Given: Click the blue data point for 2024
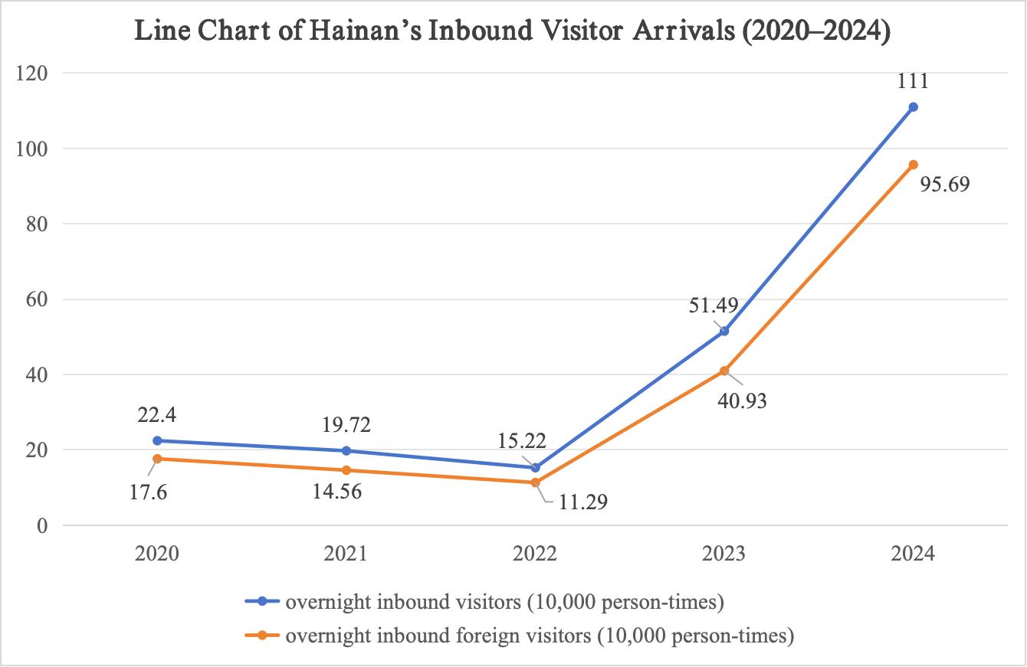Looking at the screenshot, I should [913, 107].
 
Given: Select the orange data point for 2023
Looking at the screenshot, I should [723, 371].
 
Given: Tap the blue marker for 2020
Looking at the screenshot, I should [157, 441].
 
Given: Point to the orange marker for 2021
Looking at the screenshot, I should [346, 470].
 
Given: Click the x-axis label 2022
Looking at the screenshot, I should [535, 554].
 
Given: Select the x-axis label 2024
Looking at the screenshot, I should [913, 554].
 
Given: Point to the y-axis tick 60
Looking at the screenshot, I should [37, 299].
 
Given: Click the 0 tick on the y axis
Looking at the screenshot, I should [43, 526].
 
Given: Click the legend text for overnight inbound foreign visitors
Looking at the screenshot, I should [539, 636].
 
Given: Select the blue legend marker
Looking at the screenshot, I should [262, 603].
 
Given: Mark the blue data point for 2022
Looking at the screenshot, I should [535, 468].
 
